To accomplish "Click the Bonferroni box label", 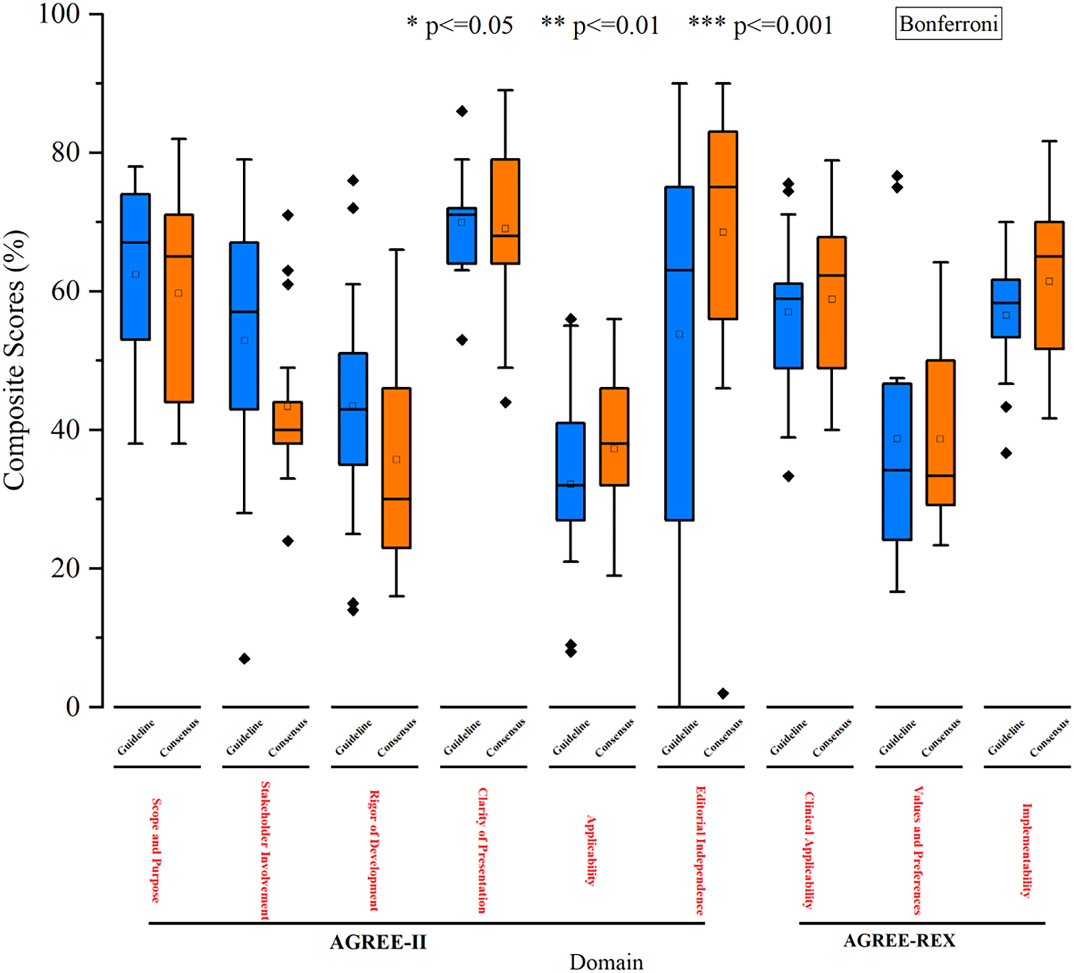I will (948, 24).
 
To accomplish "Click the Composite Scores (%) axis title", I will (15, 360).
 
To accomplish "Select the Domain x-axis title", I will (606, 962).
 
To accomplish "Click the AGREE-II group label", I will (378, 942).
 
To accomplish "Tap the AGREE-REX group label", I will (899, 940).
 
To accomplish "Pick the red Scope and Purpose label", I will (155, 850).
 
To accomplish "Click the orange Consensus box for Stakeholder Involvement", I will (288, 422).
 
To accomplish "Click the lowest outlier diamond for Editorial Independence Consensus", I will (723, 693).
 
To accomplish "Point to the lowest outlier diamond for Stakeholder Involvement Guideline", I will (245, 659).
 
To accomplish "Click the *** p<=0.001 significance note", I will (760, 25).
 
